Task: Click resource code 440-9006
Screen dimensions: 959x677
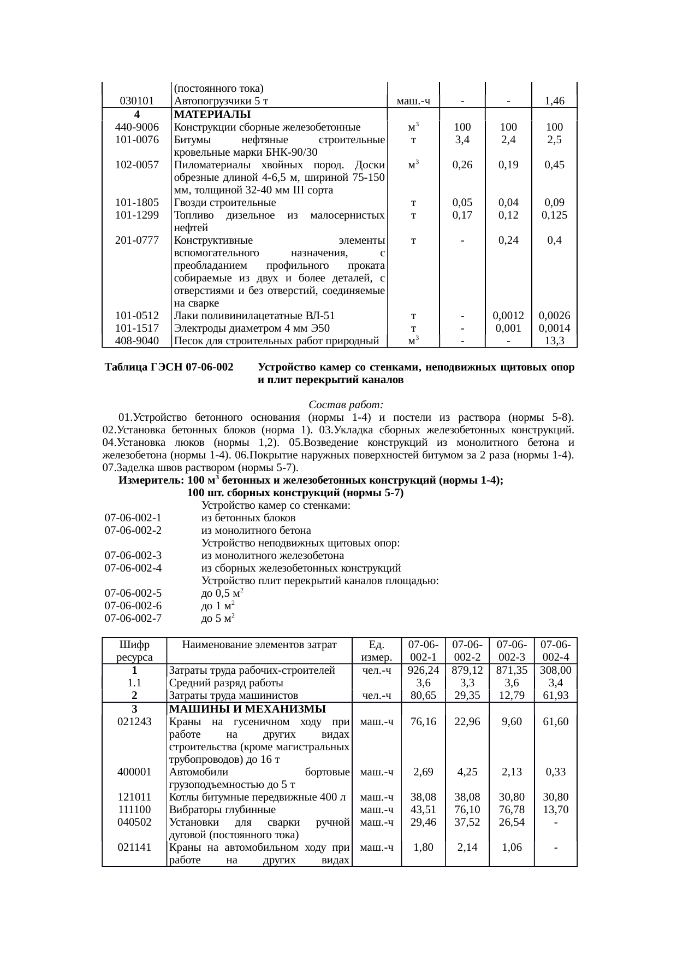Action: pos(137,127)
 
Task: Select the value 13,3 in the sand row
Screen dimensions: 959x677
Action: pos(554,341)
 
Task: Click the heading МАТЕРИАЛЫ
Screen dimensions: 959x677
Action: pos(212,115)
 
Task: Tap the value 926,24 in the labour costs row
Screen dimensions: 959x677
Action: pos(423,670)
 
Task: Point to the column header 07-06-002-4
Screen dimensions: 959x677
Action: pos(555,651)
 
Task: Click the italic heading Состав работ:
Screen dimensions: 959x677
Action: pos(346,405)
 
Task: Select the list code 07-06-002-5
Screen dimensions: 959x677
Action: pos(133,593)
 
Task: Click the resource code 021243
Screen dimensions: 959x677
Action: pos(134,721)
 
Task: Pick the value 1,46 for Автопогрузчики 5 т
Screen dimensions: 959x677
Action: pos(554,101)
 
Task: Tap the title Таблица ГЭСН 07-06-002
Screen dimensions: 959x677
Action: pos(169,368)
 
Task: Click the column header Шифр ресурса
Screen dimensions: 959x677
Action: pos(134,651)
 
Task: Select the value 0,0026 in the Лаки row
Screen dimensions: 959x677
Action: pos(554,316)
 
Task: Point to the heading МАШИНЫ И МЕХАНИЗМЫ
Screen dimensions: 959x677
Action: pos(247,709)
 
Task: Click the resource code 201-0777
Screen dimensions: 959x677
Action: pos(137,240)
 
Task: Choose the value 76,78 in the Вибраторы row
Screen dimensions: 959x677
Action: pos(511,809)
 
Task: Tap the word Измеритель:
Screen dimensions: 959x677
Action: pos(151,481)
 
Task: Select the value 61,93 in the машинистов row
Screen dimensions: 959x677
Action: pos(555,696)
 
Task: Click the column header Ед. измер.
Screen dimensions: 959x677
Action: pos(377,651)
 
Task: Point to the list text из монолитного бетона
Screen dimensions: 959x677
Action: pos(256,530)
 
